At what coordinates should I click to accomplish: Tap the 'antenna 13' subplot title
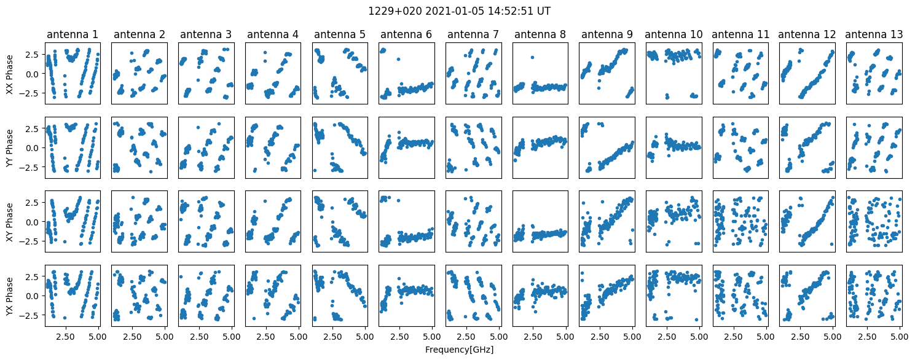coord(874,34)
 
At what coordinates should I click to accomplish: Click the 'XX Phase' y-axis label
coord(10,74)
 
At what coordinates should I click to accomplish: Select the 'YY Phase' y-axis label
coord(10,147)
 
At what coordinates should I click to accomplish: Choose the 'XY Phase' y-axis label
coord(10,221)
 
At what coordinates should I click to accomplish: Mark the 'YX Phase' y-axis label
coord(10,295)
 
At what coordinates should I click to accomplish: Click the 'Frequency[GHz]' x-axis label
coord(459,350)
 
